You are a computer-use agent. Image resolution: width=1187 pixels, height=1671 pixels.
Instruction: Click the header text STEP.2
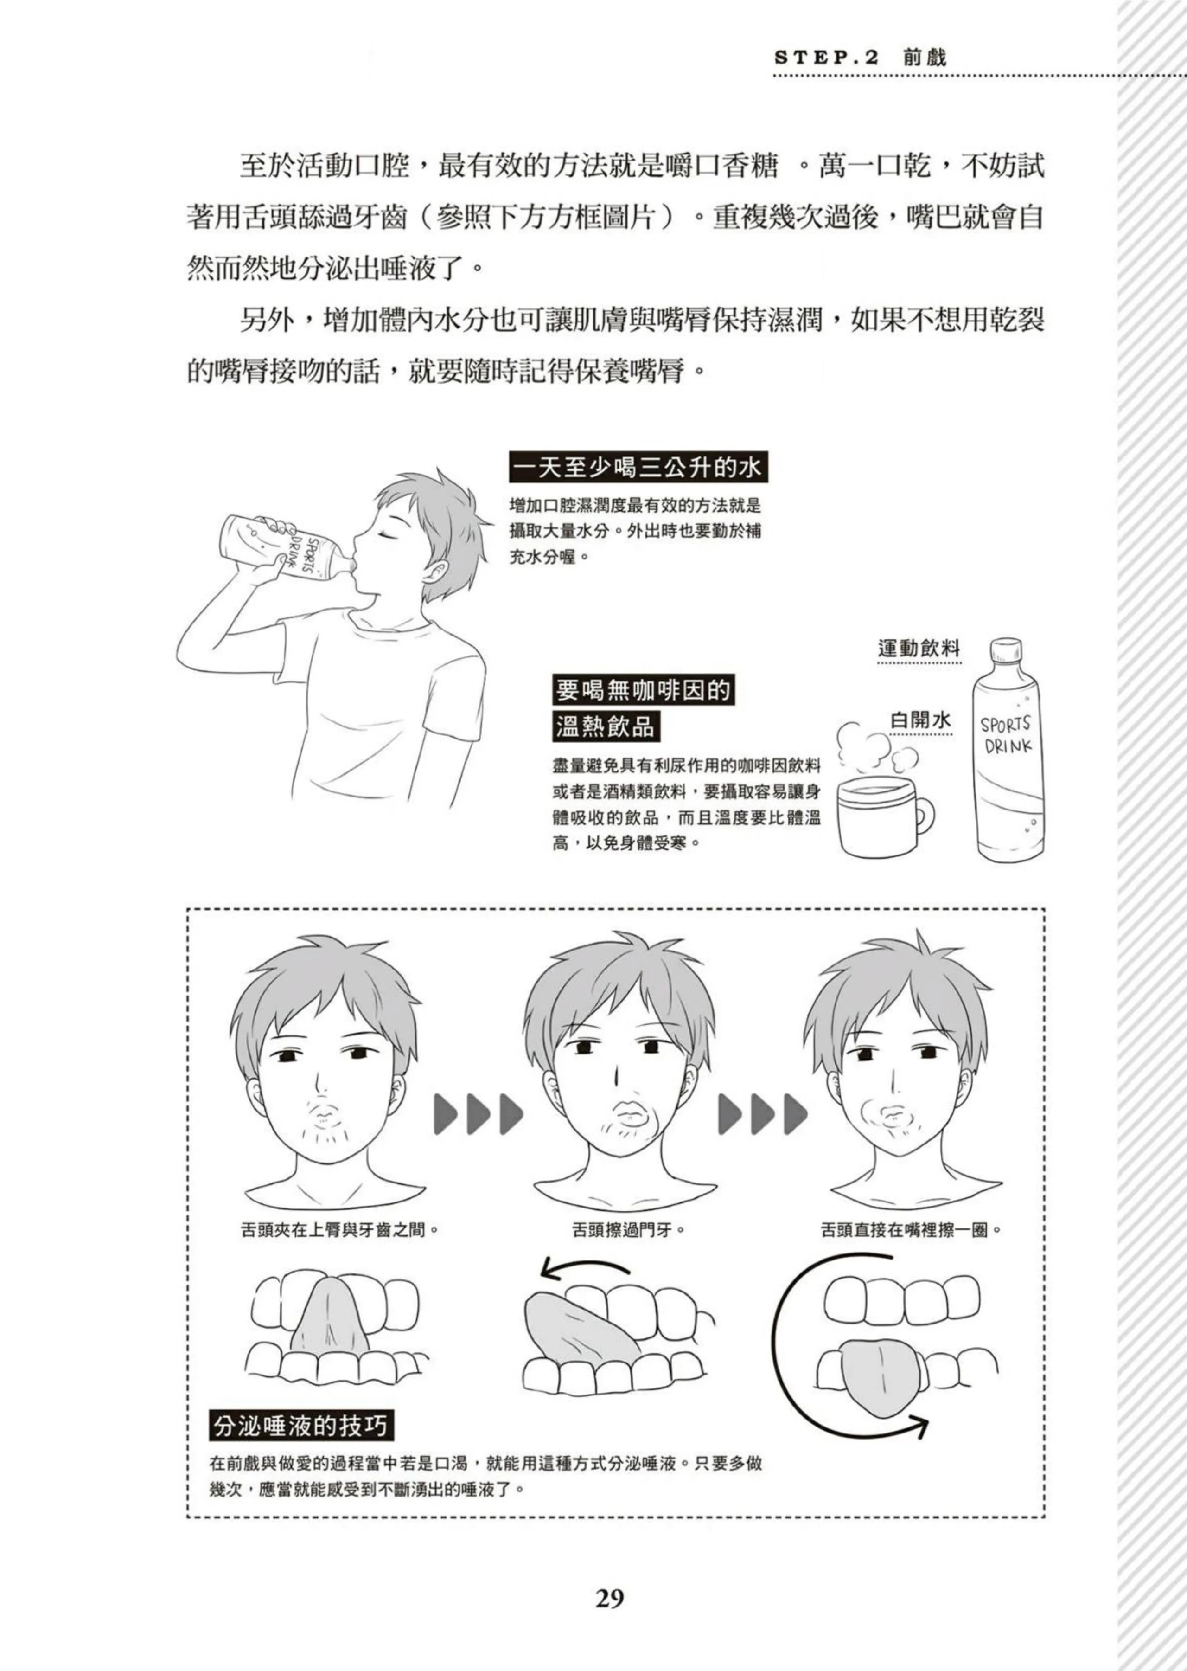point(826,58)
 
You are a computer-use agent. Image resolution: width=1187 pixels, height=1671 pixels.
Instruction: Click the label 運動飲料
point(919,648)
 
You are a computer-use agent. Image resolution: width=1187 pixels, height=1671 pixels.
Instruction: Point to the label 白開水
point(921,720)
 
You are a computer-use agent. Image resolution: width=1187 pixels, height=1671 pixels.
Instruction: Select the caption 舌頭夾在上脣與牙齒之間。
point(339,1229)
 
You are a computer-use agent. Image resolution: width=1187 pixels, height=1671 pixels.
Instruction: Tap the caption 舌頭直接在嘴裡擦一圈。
point(911,1229)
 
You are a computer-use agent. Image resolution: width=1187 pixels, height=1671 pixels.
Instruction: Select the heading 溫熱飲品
point(605,727)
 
